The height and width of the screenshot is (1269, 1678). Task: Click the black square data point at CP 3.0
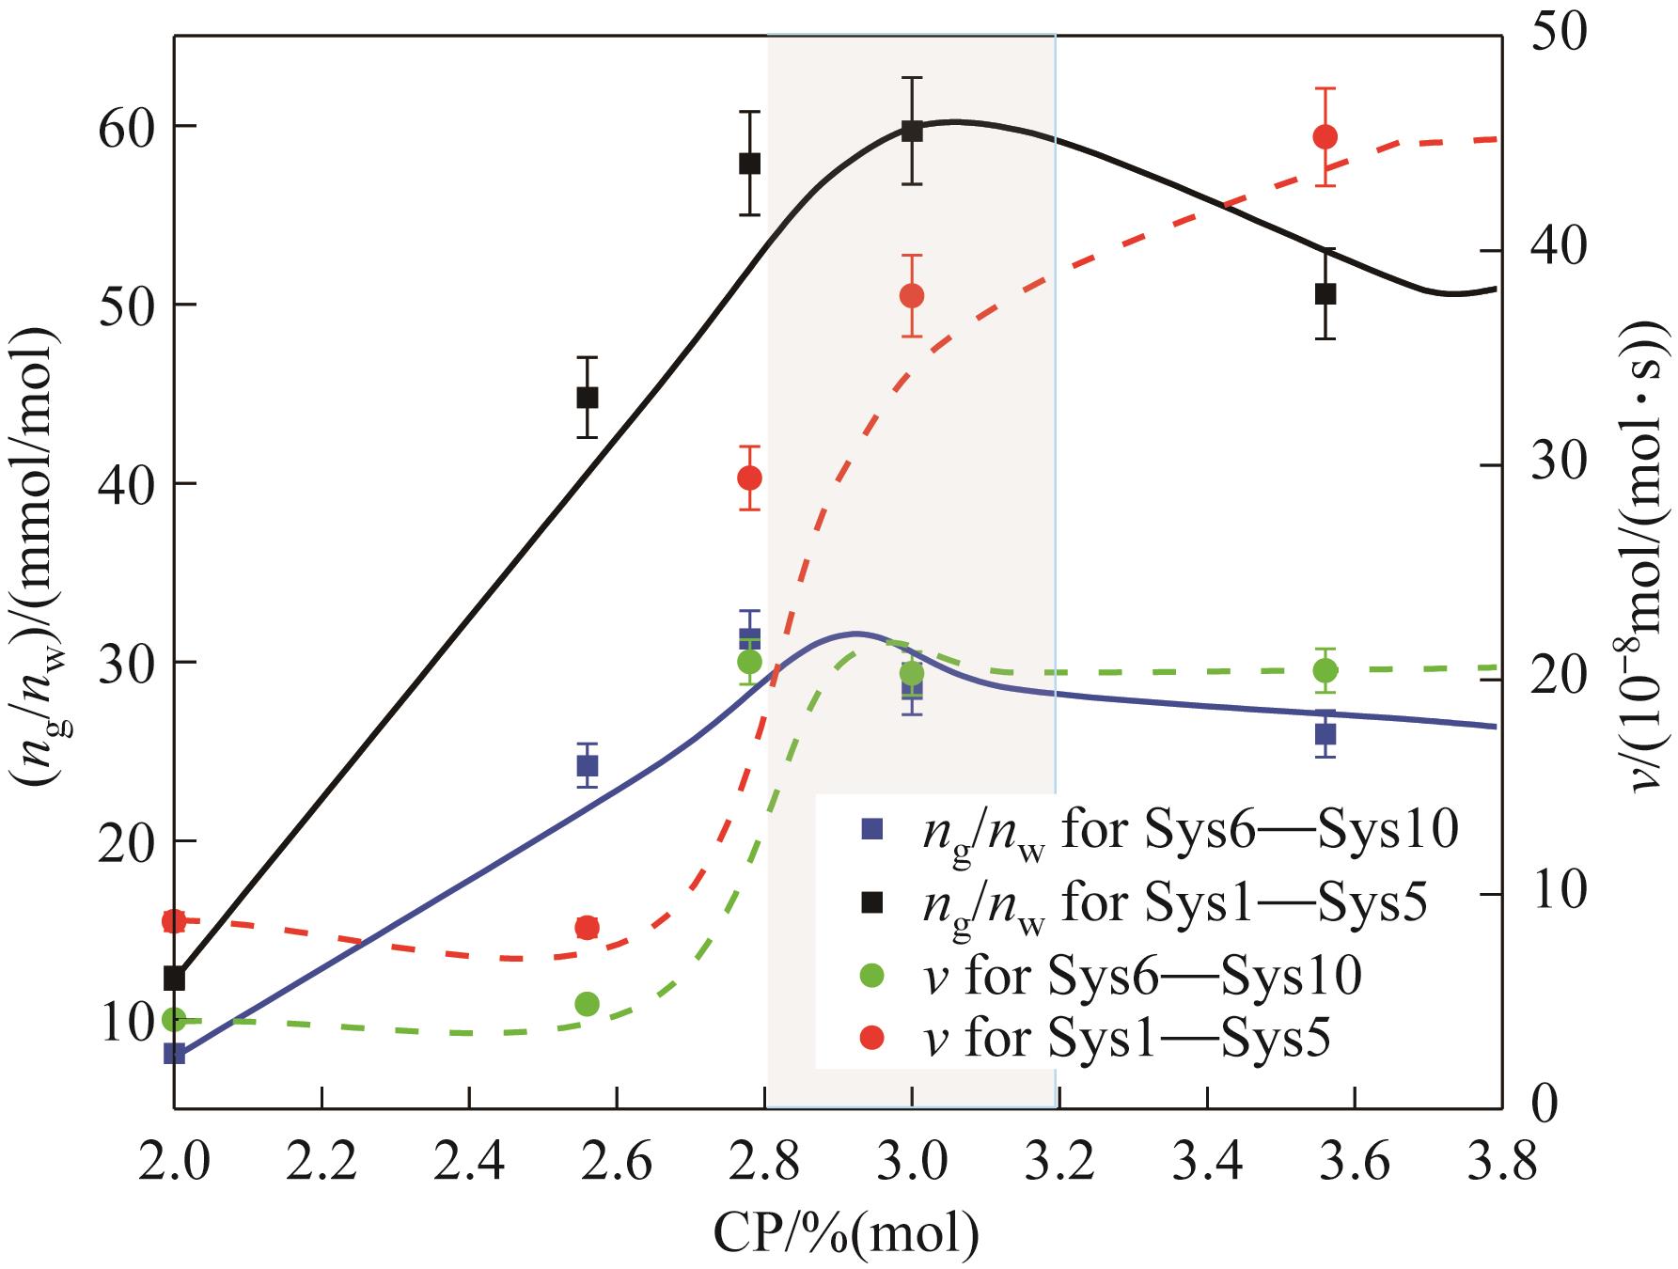pyautogui.click(x=911, y=131)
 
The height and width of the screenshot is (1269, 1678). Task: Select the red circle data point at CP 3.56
pyautogui.click(x=1325, y=136)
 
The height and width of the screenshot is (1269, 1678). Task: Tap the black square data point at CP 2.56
pyautogui.click(x=588, y=398)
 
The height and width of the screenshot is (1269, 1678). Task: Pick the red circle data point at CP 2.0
pyautogui.click(x=174, y=920)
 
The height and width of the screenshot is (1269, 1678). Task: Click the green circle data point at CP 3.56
pyautogui.click(x=1325, y=670)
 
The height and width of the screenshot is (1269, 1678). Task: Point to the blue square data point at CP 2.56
pyautogui.click(x=588, y=766)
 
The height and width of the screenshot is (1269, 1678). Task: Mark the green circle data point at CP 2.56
pyautogui.click(x=588, y=1004)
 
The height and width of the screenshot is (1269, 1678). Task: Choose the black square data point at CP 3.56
pyautogui.click(x=1325, y=293)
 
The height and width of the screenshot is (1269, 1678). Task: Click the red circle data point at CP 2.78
pyautogui.click(x=749, y=478)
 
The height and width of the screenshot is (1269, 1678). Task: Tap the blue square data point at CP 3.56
pyautogui.click(x=1325, y=733)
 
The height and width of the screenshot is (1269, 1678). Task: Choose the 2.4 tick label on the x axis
pyautogui.click(x=469, y=1165)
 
